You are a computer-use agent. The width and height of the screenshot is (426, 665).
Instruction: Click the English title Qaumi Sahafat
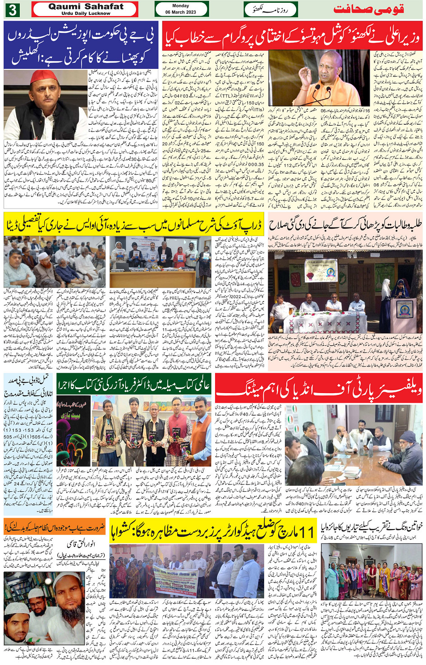point(86,7)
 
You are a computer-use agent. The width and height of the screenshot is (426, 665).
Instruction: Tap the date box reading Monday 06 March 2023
point(181,9)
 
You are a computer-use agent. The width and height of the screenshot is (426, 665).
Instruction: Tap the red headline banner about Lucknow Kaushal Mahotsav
point(292,36)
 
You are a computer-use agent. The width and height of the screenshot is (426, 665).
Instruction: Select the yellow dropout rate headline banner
point(134,225)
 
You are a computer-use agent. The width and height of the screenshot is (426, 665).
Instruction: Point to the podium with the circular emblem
point(403,308)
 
